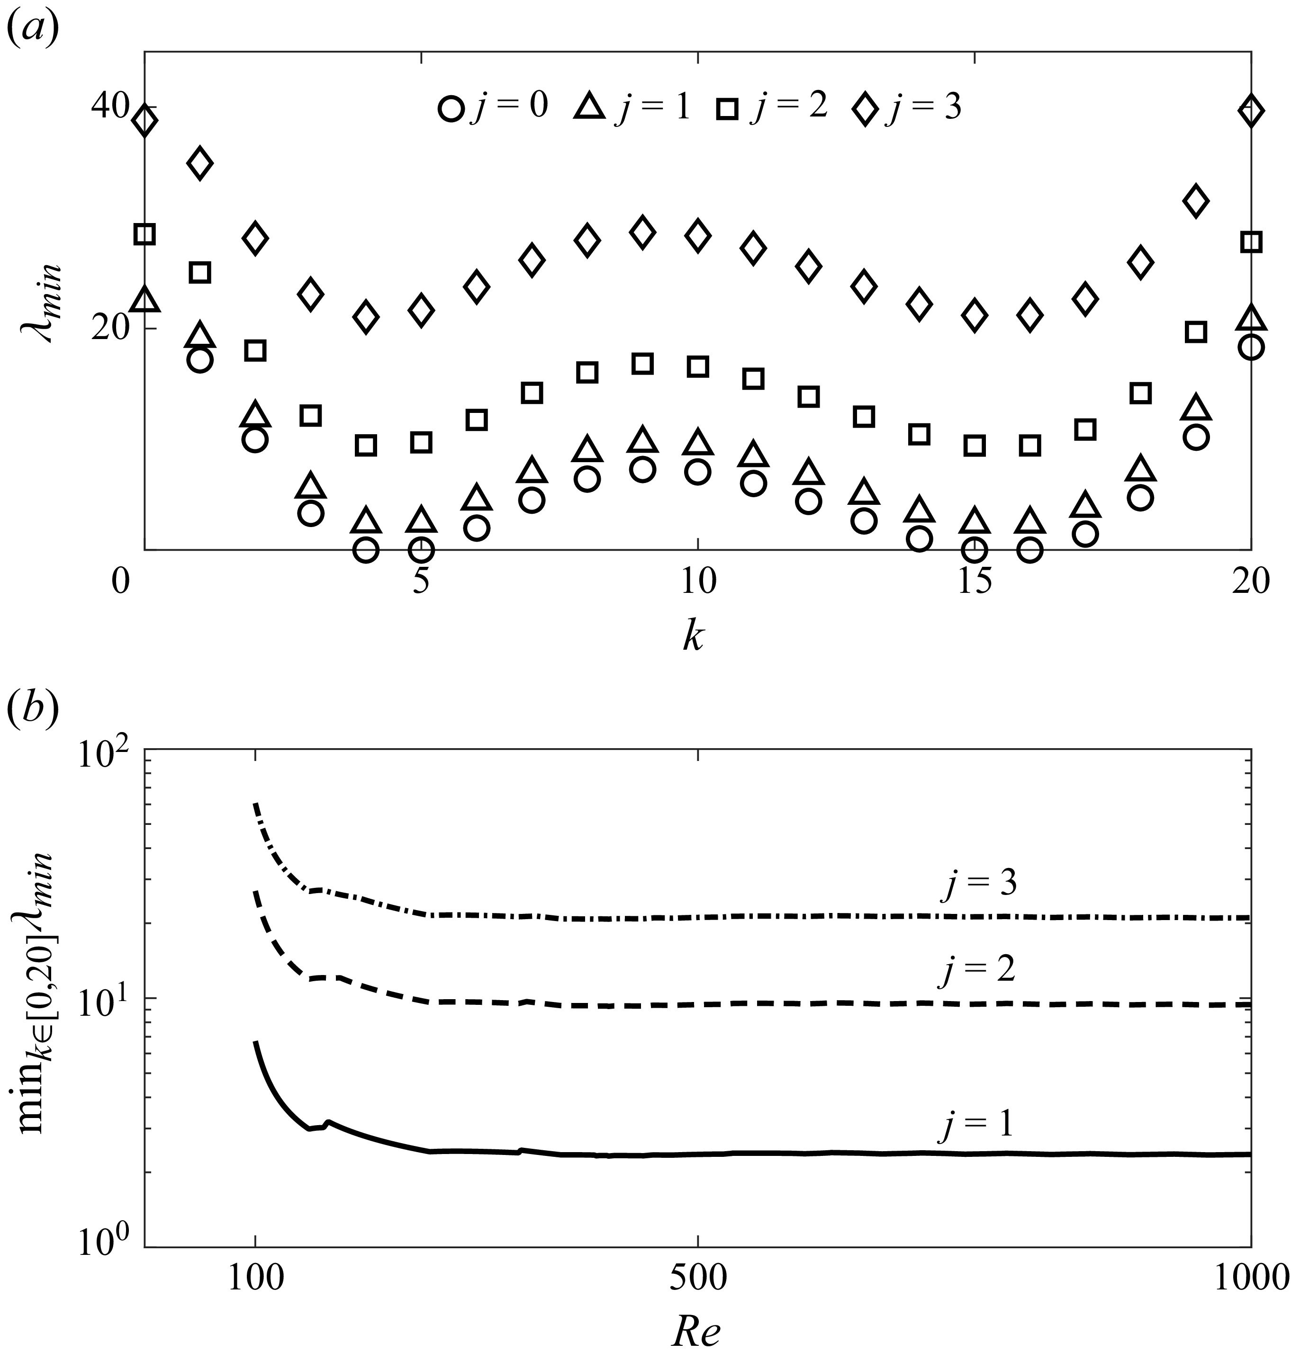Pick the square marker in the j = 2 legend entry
(x=727, y=109)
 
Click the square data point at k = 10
(x=698, y=367)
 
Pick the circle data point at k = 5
(x=421, y=549)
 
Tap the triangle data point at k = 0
(x=145, y=300)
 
